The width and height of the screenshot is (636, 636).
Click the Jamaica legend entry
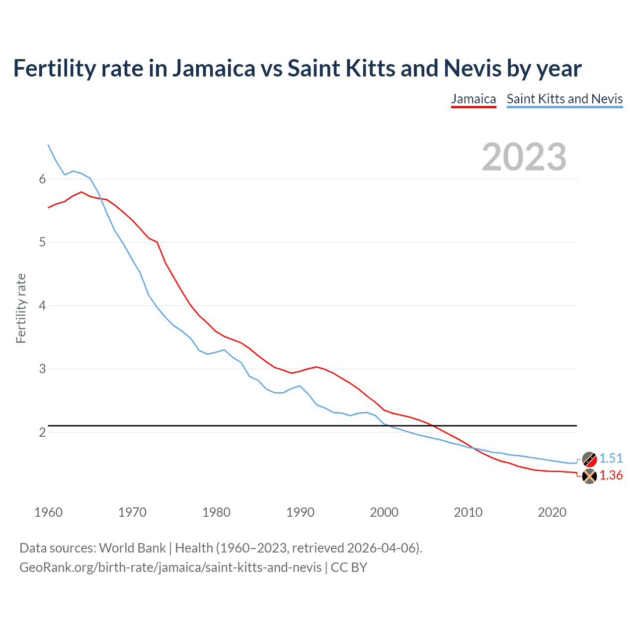[x=474, y=99]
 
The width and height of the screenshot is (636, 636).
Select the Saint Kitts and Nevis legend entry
[x=564, y=99]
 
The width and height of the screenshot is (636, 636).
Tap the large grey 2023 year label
[x=524, y=157]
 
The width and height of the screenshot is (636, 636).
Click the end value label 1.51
[x=611, y=458]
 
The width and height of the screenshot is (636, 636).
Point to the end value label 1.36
[x=611, y=476]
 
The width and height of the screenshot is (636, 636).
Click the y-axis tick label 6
[x=42, y=179]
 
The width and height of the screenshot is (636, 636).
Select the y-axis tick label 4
[x=42, y=306]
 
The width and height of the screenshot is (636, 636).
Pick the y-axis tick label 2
[x=42, y=432]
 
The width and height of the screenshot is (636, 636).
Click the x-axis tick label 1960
[x=48, y=512]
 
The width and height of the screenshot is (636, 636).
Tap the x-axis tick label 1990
[x=300, y=512]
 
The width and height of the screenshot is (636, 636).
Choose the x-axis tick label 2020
[x=552, y=512]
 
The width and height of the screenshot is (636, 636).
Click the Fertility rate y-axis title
[x=21, y=308]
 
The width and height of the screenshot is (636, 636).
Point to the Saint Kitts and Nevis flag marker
[x=589, y=459]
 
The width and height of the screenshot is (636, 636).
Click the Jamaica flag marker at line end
[x=589, y=476]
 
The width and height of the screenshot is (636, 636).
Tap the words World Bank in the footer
[x=132, y=548]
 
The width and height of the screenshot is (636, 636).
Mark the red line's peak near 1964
[x=81, y=192]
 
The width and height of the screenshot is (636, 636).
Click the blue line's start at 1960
[x=48, y=145]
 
